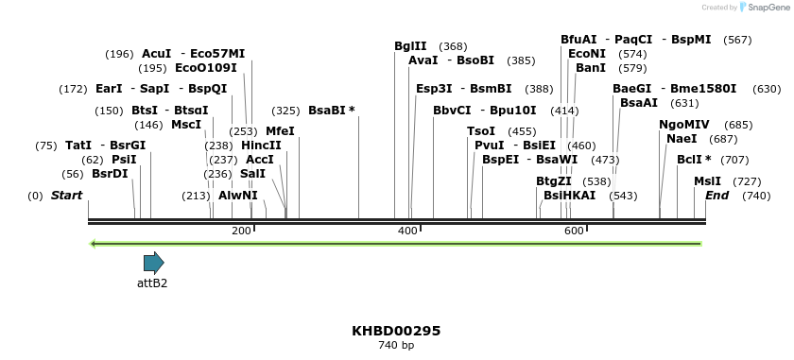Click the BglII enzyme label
(410, 46)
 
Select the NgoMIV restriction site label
(683, 125)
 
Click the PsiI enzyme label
(124, 160)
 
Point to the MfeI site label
(280, 131)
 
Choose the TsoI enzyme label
(481, 131)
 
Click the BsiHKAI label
(569, 196)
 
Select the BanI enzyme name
(591, 68)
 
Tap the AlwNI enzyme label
(238, 196)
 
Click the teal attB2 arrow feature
(153, 263)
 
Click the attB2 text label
(152, 283)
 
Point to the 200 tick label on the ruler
(241, 231)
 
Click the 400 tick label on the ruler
(407, 231)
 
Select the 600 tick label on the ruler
(574, 231)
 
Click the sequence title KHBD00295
(396, 331)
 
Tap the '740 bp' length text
(396, 346)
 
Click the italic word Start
(66, 196)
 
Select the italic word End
(717, 196)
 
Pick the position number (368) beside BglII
(453, 46)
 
